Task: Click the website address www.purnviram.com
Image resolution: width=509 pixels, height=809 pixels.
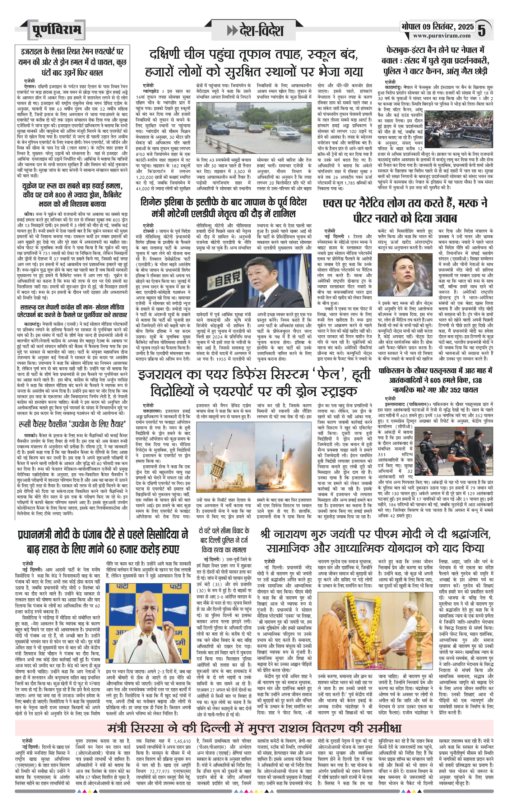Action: (x=441, y=36)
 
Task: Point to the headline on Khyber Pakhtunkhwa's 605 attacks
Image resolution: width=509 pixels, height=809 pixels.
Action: (x=435, y=380)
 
